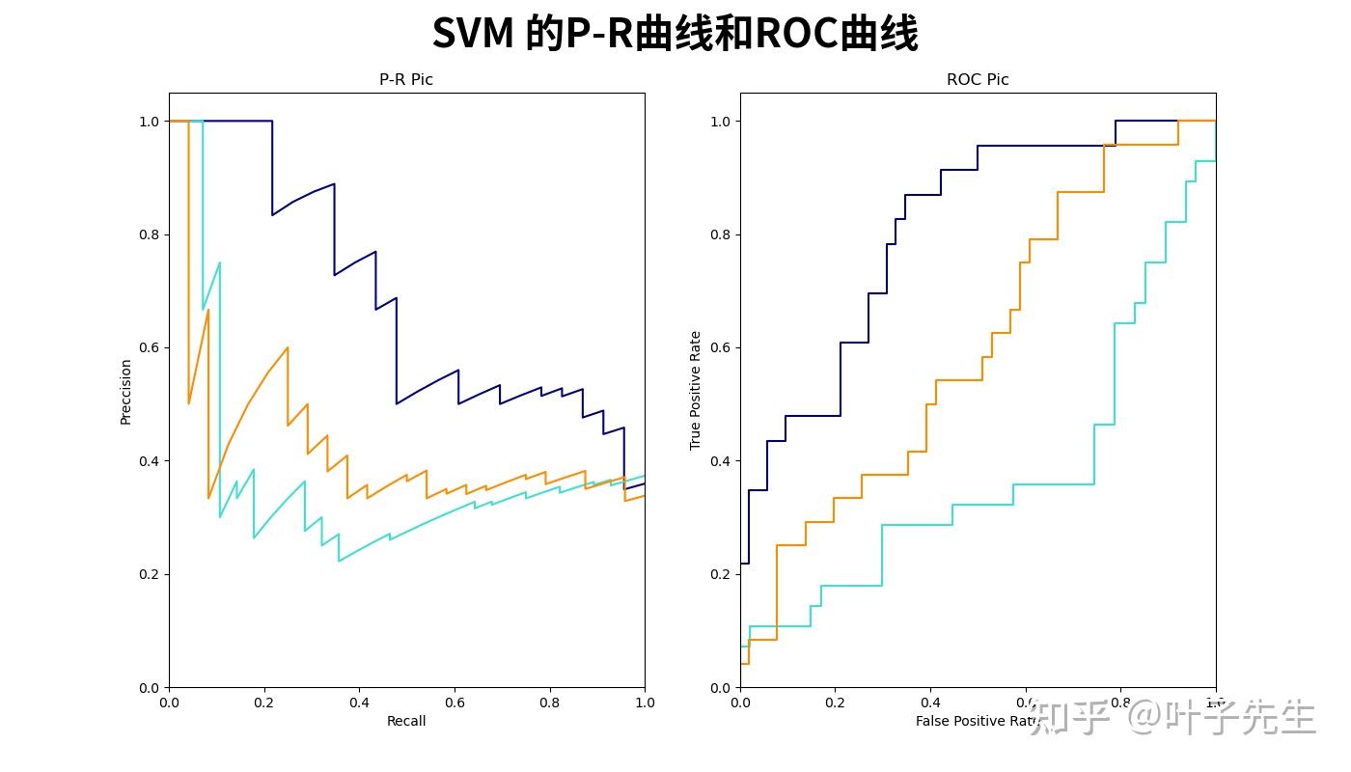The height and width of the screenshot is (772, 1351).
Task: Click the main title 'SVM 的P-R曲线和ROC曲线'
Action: pyautogui.click(x=675, y=34)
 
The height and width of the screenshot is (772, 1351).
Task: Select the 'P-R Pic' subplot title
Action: pyautogui.click(x=406, y=80)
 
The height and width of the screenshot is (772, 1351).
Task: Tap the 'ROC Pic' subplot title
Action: pyautogui.click(x=978, y=80)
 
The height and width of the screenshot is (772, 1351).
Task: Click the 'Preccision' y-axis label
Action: pyautogui.click(x=125, y=391)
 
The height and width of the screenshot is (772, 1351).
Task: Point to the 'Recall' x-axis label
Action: pyautogui.click(x=406, y=721)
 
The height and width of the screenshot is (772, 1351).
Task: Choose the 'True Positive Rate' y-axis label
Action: pyautogui.click(x=696, y=391)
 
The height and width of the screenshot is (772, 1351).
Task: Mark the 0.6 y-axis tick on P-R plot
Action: pyautogui.click(x=149, y=347)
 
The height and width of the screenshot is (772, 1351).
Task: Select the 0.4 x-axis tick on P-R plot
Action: pyautogui.click(x=359, y=703)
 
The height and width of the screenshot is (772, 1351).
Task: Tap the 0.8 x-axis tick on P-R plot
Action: pyautogui.click(x=549, y=703)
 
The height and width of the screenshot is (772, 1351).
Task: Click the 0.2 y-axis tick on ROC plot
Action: pyautogui.click(x=720, y=574)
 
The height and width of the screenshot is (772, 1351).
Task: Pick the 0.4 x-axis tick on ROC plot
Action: pyautogui.click(x=930, y=703)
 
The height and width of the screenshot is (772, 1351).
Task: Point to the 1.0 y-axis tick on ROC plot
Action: pyautogui.click(x=720, y=122)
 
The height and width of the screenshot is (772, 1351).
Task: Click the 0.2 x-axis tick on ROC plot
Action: pyautogui.click(x=836, y=703)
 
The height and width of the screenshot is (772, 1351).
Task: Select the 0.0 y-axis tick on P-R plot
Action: pyautogui.click(x=149, y=687)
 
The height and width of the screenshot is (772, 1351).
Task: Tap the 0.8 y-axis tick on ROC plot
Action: pyautogui.click(x=720, y=234)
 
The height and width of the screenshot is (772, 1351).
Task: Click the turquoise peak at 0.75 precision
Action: pyautogui.click(x=219, y=263)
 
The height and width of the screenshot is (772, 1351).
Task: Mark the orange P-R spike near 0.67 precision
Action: pyautogui.click(x=207, y=311)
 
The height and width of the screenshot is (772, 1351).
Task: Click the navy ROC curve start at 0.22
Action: pyautogui.click(x=742, y=563)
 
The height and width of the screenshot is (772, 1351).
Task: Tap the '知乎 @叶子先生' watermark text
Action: pyautogui.click(x=1172, y=718)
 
